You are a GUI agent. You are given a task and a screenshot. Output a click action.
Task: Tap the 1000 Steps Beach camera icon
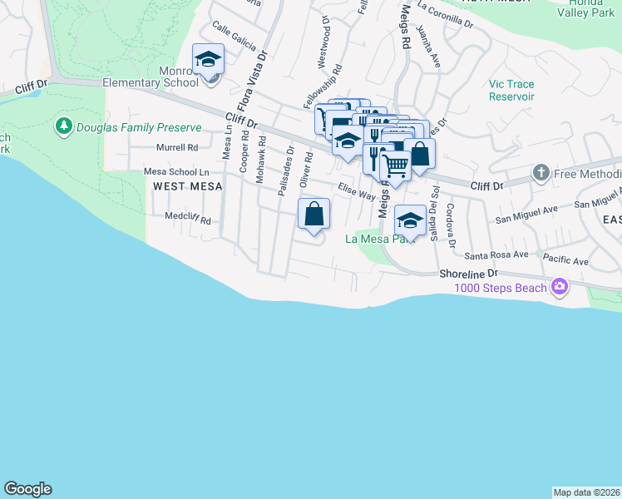pos(560,288)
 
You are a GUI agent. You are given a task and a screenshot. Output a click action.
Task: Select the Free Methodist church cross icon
pos(541,173)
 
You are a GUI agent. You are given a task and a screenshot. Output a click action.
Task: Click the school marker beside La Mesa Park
pos(410,221)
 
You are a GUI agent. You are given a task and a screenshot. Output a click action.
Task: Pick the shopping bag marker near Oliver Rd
pos(314,215)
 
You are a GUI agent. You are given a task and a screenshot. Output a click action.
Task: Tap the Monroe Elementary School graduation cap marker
pos(208,60)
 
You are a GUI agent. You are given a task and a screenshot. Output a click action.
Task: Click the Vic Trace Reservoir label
pos(511,91)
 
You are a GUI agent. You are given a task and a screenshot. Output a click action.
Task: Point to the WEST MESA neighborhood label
pos(188,186)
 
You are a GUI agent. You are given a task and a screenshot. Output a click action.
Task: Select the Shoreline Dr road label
pos(469,272)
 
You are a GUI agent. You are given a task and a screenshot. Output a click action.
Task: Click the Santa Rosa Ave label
pos(496,254)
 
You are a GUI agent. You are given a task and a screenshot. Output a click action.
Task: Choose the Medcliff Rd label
pos(188,221)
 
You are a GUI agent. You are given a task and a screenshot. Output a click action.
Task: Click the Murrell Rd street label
pos(177,147)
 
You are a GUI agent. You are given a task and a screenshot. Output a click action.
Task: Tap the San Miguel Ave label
pos(523,214)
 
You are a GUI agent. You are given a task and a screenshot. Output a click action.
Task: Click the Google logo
pos(27,489)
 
